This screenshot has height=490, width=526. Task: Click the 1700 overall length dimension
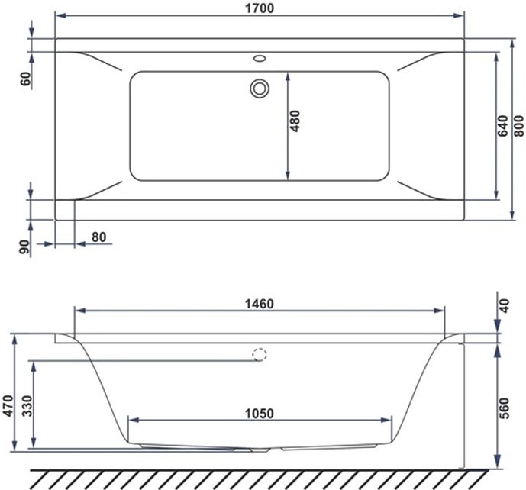point(260,8)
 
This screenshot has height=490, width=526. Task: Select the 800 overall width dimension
point(519,129)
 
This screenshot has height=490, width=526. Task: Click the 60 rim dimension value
point(25,78)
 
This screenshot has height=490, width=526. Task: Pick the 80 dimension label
point(99,237)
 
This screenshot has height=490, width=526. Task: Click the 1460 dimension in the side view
point(259,303)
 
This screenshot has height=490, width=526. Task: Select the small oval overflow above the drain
point(260,57)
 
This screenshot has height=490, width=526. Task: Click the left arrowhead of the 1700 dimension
point(59,16)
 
